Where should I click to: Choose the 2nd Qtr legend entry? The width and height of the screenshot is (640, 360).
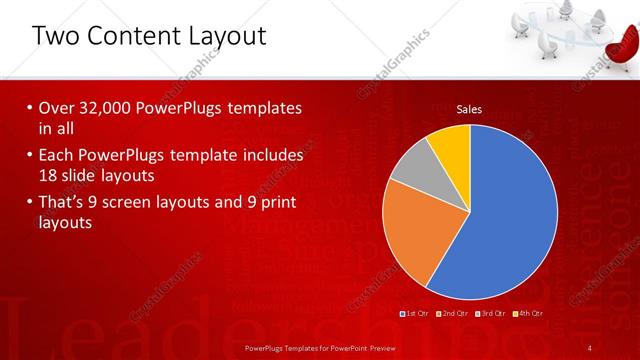pos(452,314)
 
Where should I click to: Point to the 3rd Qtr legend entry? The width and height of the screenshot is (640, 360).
pos(490,314)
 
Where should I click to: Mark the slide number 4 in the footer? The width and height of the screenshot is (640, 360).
pos(591,347)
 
